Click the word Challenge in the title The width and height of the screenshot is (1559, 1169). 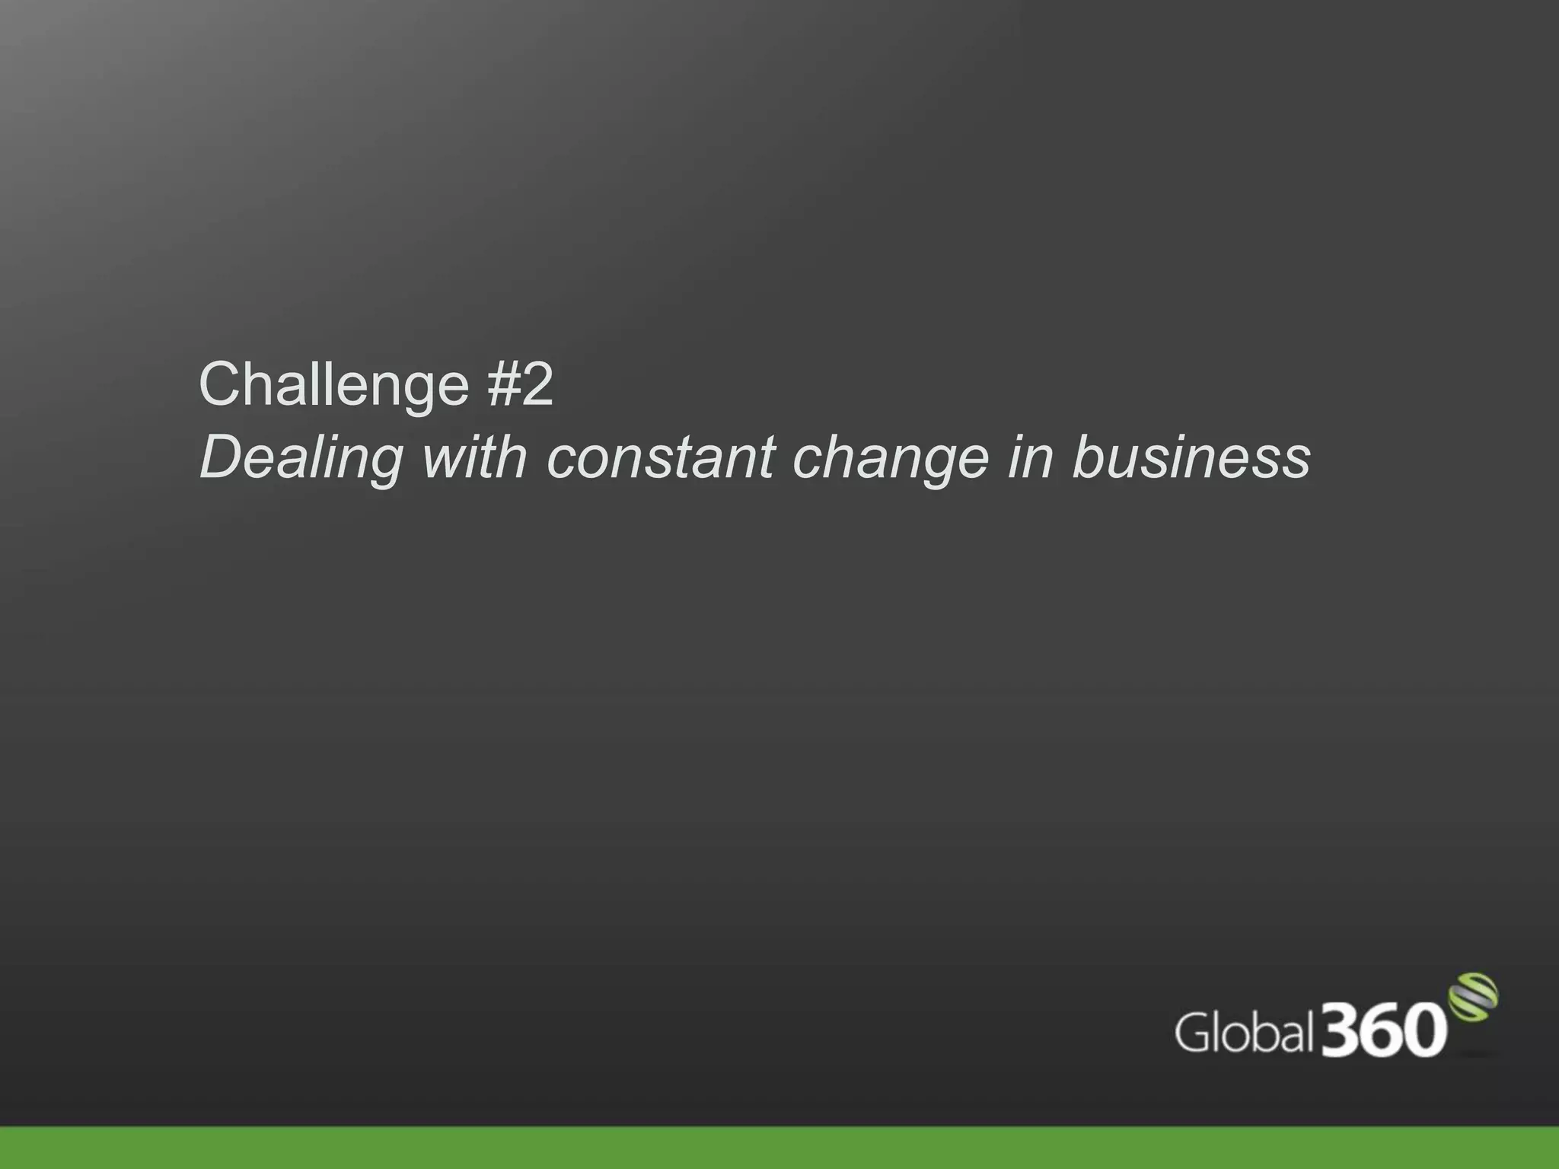click(333, 386)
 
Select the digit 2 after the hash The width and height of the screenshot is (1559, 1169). click(537, 384)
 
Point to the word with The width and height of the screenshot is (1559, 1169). click(474, 457)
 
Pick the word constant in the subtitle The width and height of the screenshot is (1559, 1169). click(660, 457)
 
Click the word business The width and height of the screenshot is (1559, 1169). click(1191, 457)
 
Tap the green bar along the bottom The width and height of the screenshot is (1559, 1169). click(779, 1148)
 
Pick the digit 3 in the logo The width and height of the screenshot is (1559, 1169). click(1341, 1030)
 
